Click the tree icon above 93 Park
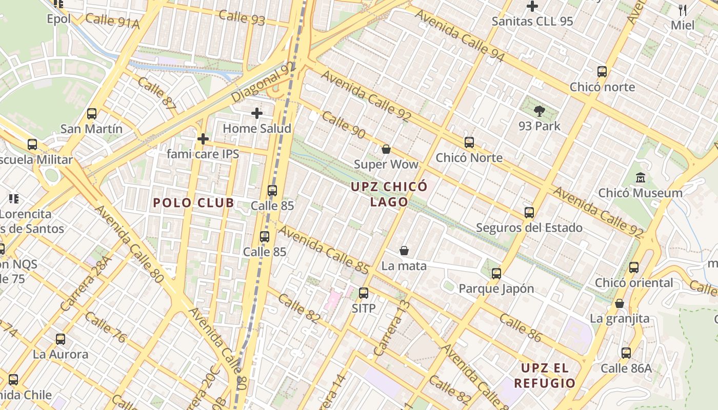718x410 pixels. click(x=539, y=111)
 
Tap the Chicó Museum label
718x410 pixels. click(x=641, y=193)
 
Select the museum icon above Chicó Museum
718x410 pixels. click(x=640, y=178)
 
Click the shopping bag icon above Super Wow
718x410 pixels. click(x=386, y=149)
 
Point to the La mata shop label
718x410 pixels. click(x=404, y=266)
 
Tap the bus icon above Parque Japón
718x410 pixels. click(x=496, y=273)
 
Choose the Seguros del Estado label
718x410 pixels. click(x=529, y=228)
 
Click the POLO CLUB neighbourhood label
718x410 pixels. click(x=194, y=203)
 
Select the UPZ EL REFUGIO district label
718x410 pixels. click(x=545, y=375)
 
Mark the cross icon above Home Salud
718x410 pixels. click(x=257, y=113)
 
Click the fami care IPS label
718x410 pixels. click(x=203, y=154)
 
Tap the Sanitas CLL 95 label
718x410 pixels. click(x=532, y=22)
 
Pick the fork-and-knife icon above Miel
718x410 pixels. click(x=683, y=10)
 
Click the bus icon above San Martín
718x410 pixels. click(x=92, y=114)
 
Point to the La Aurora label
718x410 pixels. click(x=61, y=354)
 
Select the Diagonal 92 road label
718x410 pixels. click(x=264, y=82)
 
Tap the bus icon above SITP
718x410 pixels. click(x=364, y=293)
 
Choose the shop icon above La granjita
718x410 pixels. click(x=620, y=303)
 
